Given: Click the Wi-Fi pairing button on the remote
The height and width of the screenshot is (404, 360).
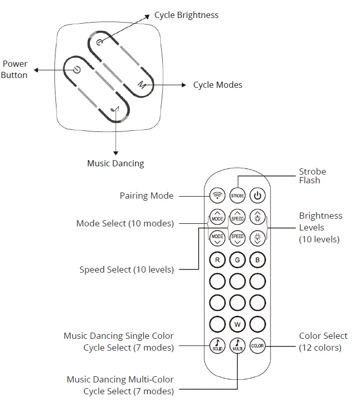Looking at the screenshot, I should (x=218, y=196).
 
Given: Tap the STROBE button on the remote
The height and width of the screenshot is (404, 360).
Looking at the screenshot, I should (x=237, y=196).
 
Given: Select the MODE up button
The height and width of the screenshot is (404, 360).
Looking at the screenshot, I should (x=218, y=218).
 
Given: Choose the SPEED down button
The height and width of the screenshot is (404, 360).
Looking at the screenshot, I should (x=237, y=237).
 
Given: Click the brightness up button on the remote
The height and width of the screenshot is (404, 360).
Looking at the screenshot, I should (x=257, y=218).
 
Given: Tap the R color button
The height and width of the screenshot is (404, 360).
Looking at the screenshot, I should (x=218, y=260).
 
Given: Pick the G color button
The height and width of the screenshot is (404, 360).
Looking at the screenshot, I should (x=237, y=260).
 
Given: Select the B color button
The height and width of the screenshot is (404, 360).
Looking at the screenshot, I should (x=257, y=260).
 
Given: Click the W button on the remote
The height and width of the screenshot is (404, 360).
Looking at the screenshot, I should (x=237, y=324).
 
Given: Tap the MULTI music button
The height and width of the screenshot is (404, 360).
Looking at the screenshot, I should (x=237, y=345).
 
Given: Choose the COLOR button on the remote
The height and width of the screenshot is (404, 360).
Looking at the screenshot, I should (x=257, y=345).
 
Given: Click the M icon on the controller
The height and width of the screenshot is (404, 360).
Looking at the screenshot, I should (x=141, y=85).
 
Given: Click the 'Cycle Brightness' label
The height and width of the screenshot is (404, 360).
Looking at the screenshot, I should (x=186, y=15).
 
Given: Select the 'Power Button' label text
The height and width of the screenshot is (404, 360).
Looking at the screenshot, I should (x=14, y=69).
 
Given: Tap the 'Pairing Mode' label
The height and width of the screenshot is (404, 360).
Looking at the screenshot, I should (x=146, y=196).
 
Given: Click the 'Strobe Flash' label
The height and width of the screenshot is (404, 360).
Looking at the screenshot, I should (x=312, y=176).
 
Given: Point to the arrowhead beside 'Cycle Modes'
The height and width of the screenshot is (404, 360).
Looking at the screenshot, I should (x=184, y=85).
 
